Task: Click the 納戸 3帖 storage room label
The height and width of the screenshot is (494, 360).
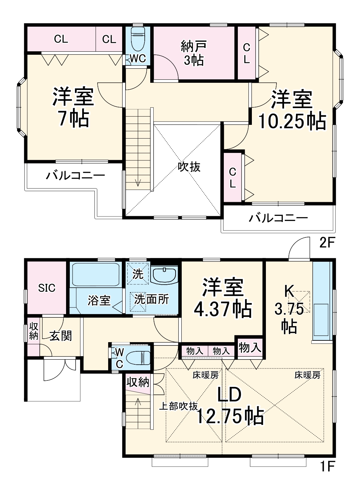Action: [194, 53]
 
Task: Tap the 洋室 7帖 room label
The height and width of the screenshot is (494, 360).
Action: [73, 107]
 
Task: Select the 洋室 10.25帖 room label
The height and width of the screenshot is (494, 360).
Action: [292, 110]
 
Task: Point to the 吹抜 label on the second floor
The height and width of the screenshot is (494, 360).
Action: [189, 167]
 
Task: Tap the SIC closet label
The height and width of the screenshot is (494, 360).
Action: [47, 288]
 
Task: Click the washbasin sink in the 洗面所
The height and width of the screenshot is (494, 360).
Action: [165, 274]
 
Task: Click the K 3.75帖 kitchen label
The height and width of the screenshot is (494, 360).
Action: [289, 309]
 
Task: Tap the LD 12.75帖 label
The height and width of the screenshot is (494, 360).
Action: [230, 406]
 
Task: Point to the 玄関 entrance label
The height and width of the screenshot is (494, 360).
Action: [61, 336]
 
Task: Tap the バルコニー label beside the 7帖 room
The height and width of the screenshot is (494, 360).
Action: [76, 176]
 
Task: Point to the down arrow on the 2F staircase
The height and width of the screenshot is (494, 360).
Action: [138, 182]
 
